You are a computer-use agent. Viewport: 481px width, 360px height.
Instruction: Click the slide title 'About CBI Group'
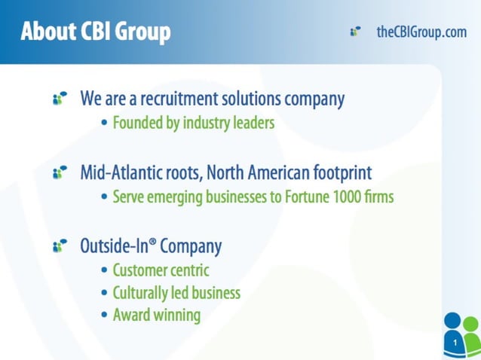[x=95, y=32]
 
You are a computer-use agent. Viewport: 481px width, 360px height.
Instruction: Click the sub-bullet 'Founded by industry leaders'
[x=193, y=123]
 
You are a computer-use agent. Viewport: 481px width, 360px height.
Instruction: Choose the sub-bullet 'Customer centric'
[x=161, y=270]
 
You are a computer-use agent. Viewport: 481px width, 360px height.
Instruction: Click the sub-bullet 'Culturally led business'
[x=176, y=292]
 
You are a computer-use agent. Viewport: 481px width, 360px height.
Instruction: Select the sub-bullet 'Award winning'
[x=156, y=315]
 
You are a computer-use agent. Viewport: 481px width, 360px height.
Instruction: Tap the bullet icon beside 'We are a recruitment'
[x=60, y=99]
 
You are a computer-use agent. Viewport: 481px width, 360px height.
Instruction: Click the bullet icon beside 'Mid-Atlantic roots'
[x=60, y=173]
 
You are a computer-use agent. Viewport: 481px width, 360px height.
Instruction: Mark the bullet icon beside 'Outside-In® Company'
[x=60, y=246]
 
